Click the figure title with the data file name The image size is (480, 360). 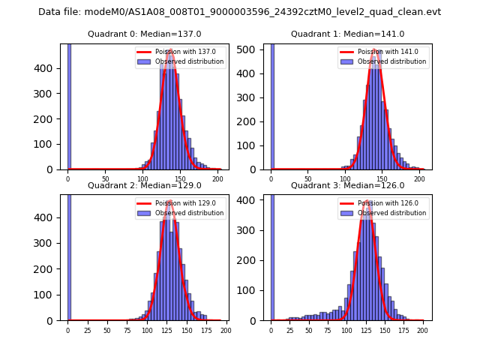point(239,12)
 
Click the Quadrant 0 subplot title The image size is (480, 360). point(144,34)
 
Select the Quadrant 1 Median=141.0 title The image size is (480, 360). point(347,34)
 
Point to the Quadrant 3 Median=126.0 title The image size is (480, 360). point(347,185)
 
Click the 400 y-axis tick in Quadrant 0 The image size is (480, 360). point(51,68)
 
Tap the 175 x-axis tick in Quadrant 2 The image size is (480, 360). point(205,331)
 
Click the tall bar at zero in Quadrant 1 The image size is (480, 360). point(271,105)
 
